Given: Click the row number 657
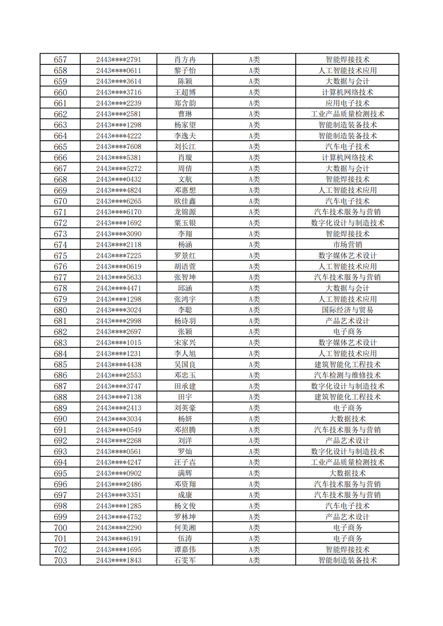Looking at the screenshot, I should (60, 60).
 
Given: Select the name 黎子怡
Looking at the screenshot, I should (185, 70).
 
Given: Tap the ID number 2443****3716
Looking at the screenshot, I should (118, 92).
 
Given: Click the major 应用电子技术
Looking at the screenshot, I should (347, 103).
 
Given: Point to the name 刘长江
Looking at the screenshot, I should (185, 147).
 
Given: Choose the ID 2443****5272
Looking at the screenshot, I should (118, 168).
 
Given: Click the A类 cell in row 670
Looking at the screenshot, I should (254, 201).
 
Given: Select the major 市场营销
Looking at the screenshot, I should (347, 245).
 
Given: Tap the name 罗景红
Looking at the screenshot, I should (185, 255).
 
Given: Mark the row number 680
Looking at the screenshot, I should (60, 310).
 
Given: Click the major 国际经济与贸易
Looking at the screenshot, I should (347, 310).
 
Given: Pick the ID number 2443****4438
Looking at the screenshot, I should (118, 365).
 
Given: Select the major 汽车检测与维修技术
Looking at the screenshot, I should (347, 375).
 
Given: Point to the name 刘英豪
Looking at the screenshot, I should (185, 408).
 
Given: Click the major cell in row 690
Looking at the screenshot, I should (347, 419).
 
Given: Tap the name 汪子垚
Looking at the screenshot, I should (185, 462).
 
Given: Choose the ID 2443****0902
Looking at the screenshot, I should (118, 473).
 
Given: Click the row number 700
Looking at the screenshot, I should (60, 528).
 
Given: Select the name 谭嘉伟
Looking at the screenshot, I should (185, 550).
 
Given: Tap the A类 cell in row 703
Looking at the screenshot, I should (254, 560).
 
